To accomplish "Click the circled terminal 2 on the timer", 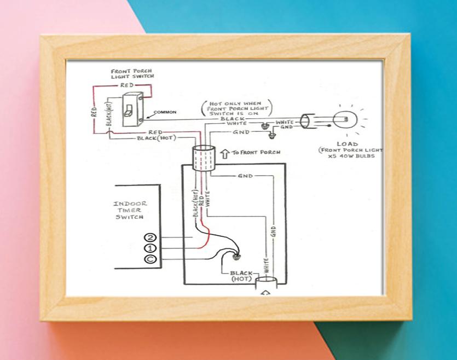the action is (150, 237).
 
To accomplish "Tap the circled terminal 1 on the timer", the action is (150, 248).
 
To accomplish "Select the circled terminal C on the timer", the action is (150, 259).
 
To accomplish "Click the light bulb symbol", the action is (345, 119).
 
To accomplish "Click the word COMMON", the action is (165, 112).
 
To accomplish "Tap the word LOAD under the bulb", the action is (347, 144).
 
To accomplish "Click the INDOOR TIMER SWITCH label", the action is (130, 210).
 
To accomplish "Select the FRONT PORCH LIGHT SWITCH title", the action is (132, 74).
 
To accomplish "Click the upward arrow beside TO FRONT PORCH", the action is (225, 154).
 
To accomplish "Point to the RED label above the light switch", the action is (127, 85).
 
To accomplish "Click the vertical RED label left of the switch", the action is (94, 112).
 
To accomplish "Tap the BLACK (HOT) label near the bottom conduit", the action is (241, 276).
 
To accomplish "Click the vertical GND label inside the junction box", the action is (273, 231).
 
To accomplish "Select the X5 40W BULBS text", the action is (351, 156).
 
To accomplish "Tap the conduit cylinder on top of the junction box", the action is (204, 158).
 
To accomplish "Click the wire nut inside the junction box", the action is (236, 257).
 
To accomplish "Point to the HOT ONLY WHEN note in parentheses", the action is (236, 108).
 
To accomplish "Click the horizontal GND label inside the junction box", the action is (245, 176).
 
